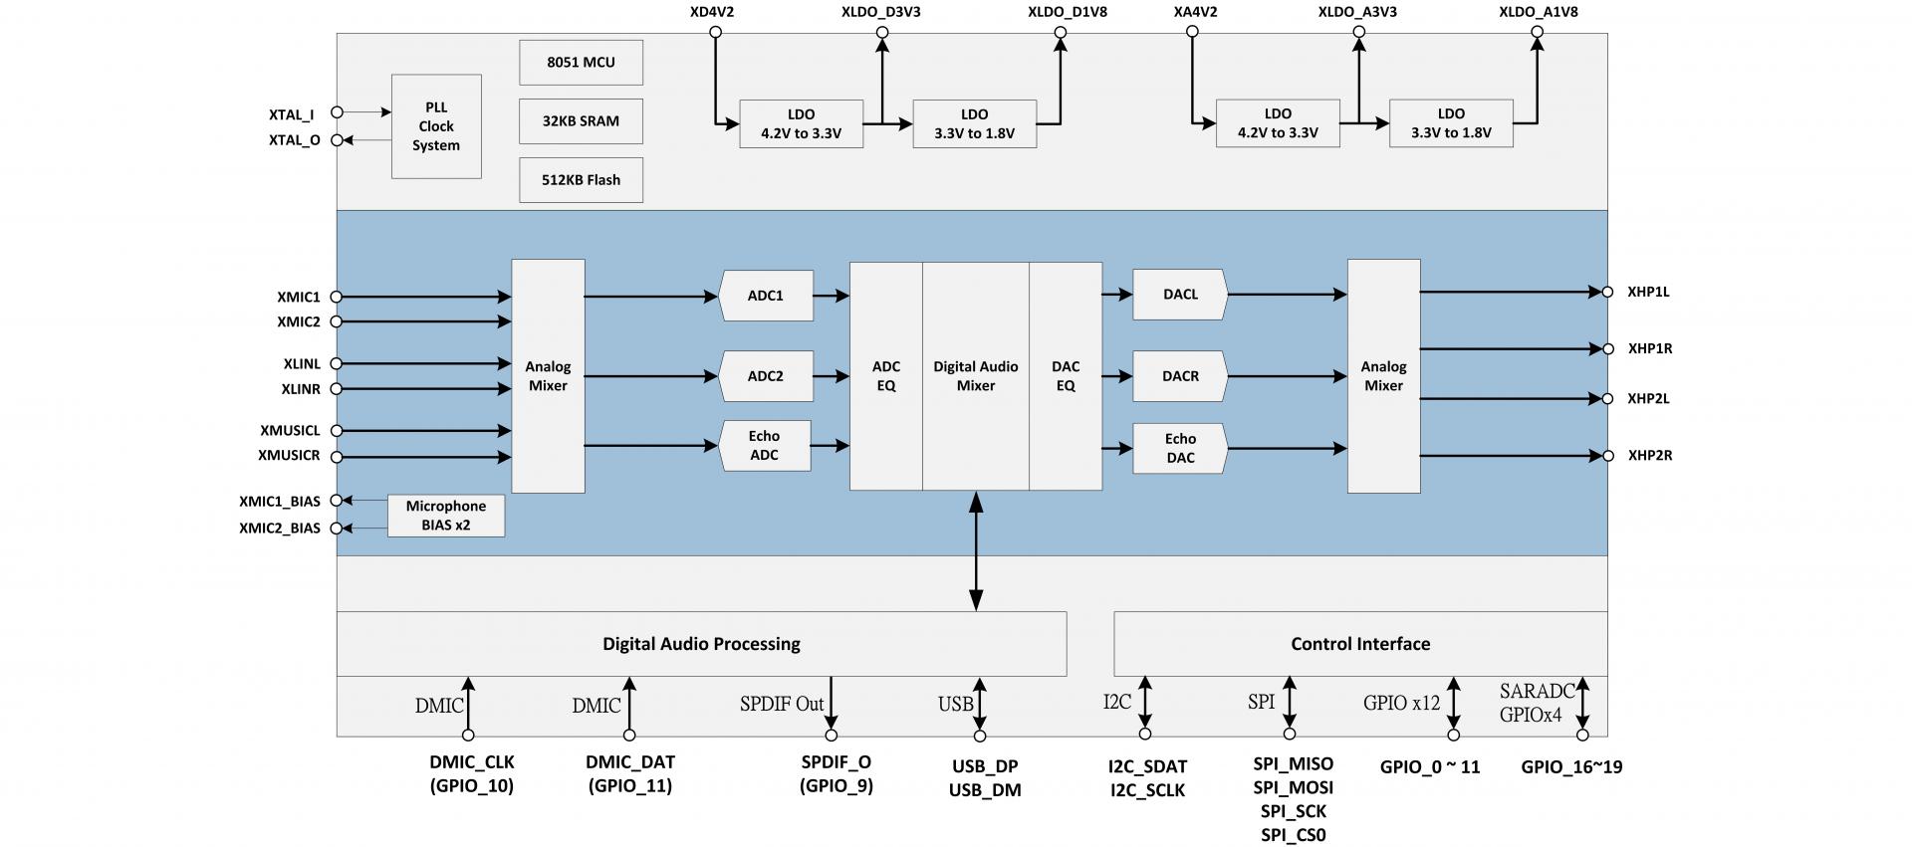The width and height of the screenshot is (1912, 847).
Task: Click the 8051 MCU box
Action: point(581,62)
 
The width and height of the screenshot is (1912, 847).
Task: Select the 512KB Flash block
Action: point(581,180)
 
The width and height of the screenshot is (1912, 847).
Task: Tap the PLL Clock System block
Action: point(436,126)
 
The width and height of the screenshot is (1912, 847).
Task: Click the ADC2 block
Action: point(765,376)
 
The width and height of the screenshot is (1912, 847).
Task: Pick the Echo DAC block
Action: point(1180,448)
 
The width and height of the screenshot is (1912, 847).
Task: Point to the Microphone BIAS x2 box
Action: point(445,516)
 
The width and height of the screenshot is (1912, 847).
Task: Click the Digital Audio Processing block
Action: point(701,644)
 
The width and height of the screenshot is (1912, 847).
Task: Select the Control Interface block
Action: point(1359,644)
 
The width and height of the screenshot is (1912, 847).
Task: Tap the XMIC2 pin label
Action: point(299,322)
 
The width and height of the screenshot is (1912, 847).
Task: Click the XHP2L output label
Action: point(1648,399)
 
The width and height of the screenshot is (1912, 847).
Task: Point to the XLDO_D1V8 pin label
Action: point(1067,12)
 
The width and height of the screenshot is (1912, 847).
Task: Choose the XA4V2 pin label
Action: point(1195,12)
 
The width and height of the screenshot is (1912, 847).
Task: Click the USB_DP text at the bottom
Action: point(984,766)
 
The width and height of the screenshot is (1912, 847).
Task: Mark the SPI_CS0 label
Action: point(1293,835)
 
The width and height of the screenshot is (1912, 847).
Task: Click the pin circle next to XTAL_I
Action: point(337,112)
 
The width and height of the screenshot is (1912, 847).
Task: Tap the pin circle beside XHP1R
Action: point(1607,349)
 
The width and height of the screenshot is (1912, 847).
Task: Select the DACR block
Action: point(1180,376)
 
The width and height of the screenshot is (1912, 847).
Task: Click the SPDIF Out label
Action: point(782,705)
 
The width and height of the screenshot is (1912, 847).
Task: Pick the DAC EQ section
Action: point(1066,376)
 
